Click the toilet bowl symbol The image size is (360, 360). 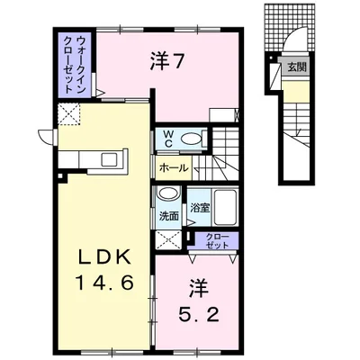(x=192, y=139)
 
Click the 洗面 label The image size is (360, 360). (x=168, y=216)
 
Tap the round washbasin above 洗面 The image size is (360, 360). (x=166, y=194)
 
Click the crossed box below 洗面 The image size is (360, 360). (x=166, y=238)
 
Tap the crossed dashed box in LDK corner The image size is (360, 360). (x=69, y=115)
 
